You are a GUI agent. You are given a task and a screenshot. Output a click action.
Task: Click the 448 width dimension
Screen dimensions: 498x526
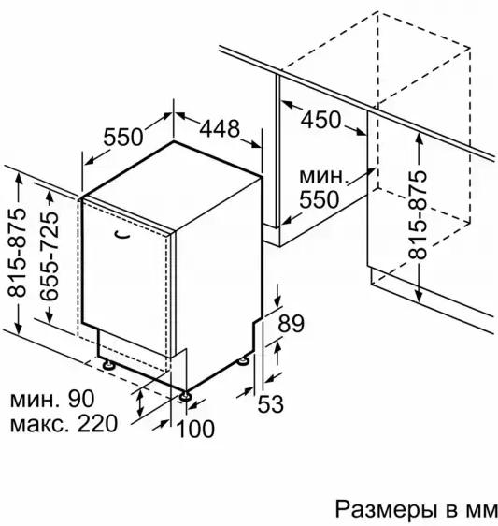tap(220, 128)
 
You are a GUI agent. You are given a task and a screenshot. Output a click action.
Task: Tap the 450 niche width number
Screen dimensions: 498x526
tap(320, 120)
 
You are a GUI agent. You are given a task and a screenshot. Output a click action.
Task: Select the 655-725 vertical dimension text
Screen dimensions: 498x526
tap(50, 256)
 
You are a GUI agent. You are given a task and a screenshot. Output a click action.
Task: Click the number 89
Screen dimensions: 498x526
tap(292, 324)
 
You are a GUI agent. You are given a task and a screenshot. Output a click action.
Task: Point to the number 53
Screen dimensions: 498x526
tap(271, 403)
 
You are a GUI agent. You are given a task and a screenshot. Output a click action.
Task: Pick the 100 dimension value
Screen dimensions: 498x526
tap(195, 429)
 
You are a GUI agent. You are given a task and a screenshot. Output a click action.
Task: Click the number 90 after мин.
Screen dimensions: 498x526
tap(81, 399)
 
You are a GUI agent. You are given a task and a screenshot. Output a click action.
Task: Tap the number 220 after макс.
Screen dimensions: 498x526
tap(97, 423)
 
